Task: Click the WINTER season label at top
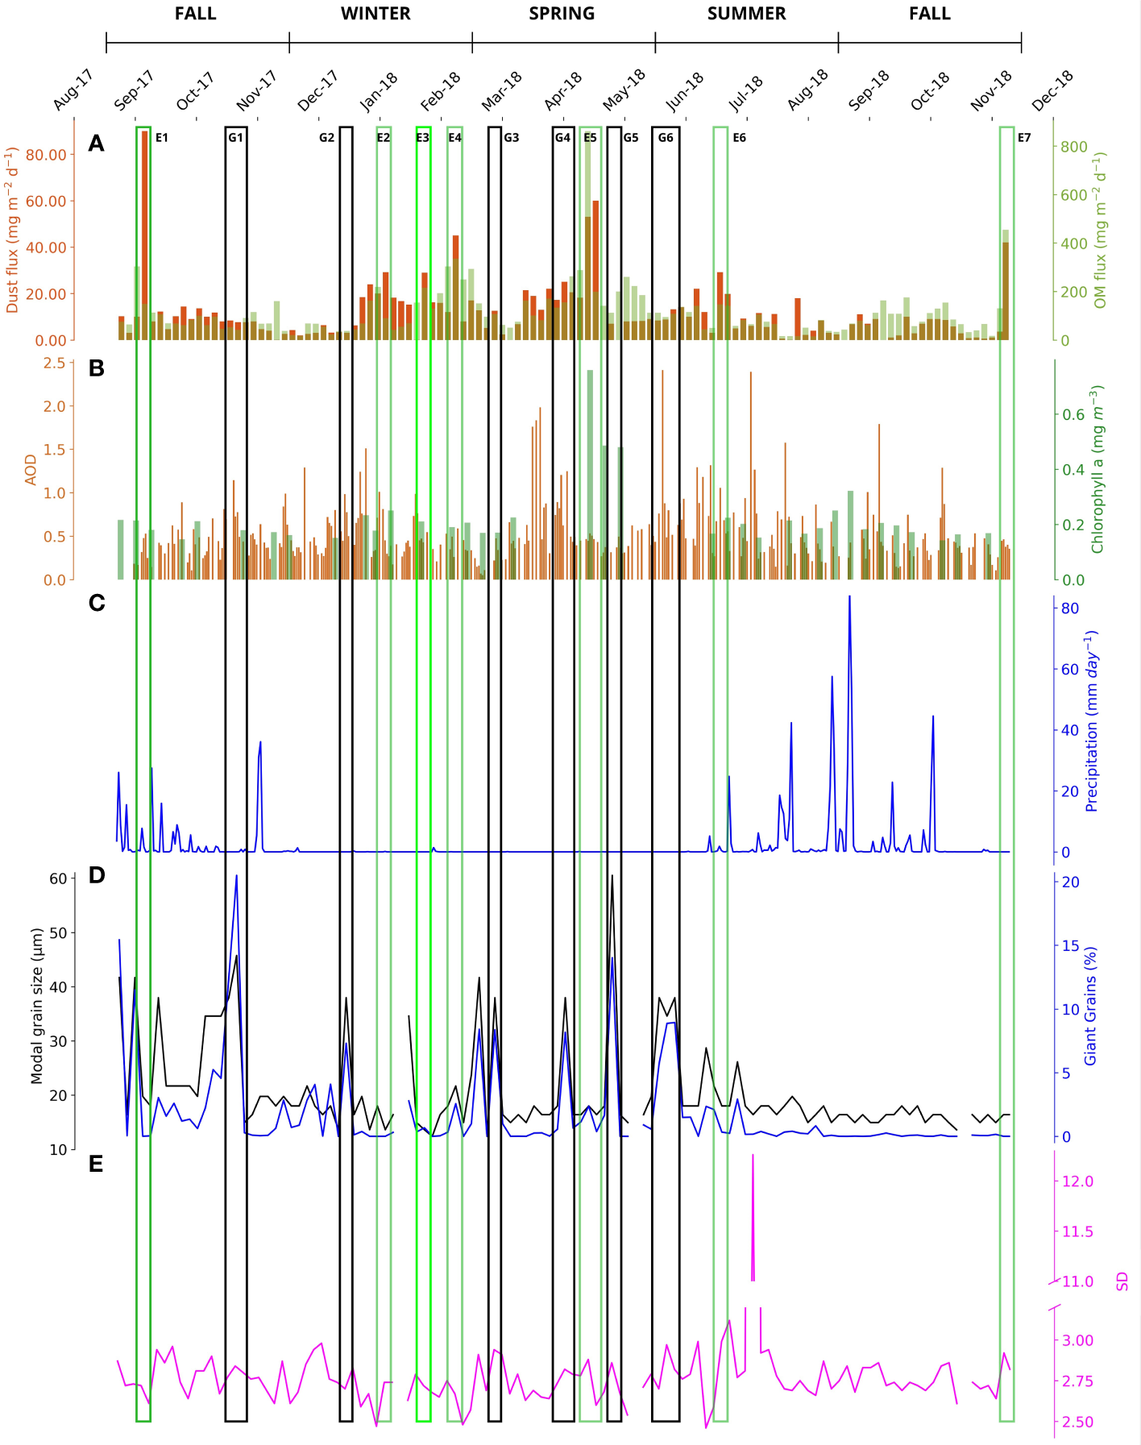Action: (x=375, y=14)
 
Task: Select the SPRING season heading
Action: (x=562, y=14)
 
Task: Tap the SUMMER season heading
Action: (x=746, y=14)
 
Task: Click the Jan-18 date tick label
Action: (x=379, y=91)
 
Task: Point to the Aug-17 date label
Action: (x=74, y=91)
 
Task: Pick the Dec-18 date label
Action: (x=1052, y=91)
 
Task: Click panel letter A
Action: (x=97, y=143)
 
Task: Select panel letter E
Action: (x=96, y=1164)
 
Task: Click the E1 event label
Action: (x=162, y=138)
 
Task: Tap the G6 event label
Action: (x=666, y=138)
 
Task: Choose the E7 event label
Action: (x=1024, y=138)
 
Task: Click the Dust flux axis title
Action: (x=12, y=230)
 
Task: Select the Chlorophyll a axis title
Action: (x=1097, y=469)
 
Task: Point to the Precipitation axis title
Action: (x=1092, y=720)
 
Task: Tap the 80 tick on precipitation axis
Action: (x=1070, y=608)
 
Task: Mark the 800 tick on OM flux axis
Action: (x=1074, y=147)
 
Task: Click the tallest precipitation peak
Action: (x=849, y=598)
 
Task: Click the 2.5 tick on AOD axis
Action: (x=55, y=363)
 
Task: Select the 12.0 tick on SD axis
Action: (x=1077, y=1181)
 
